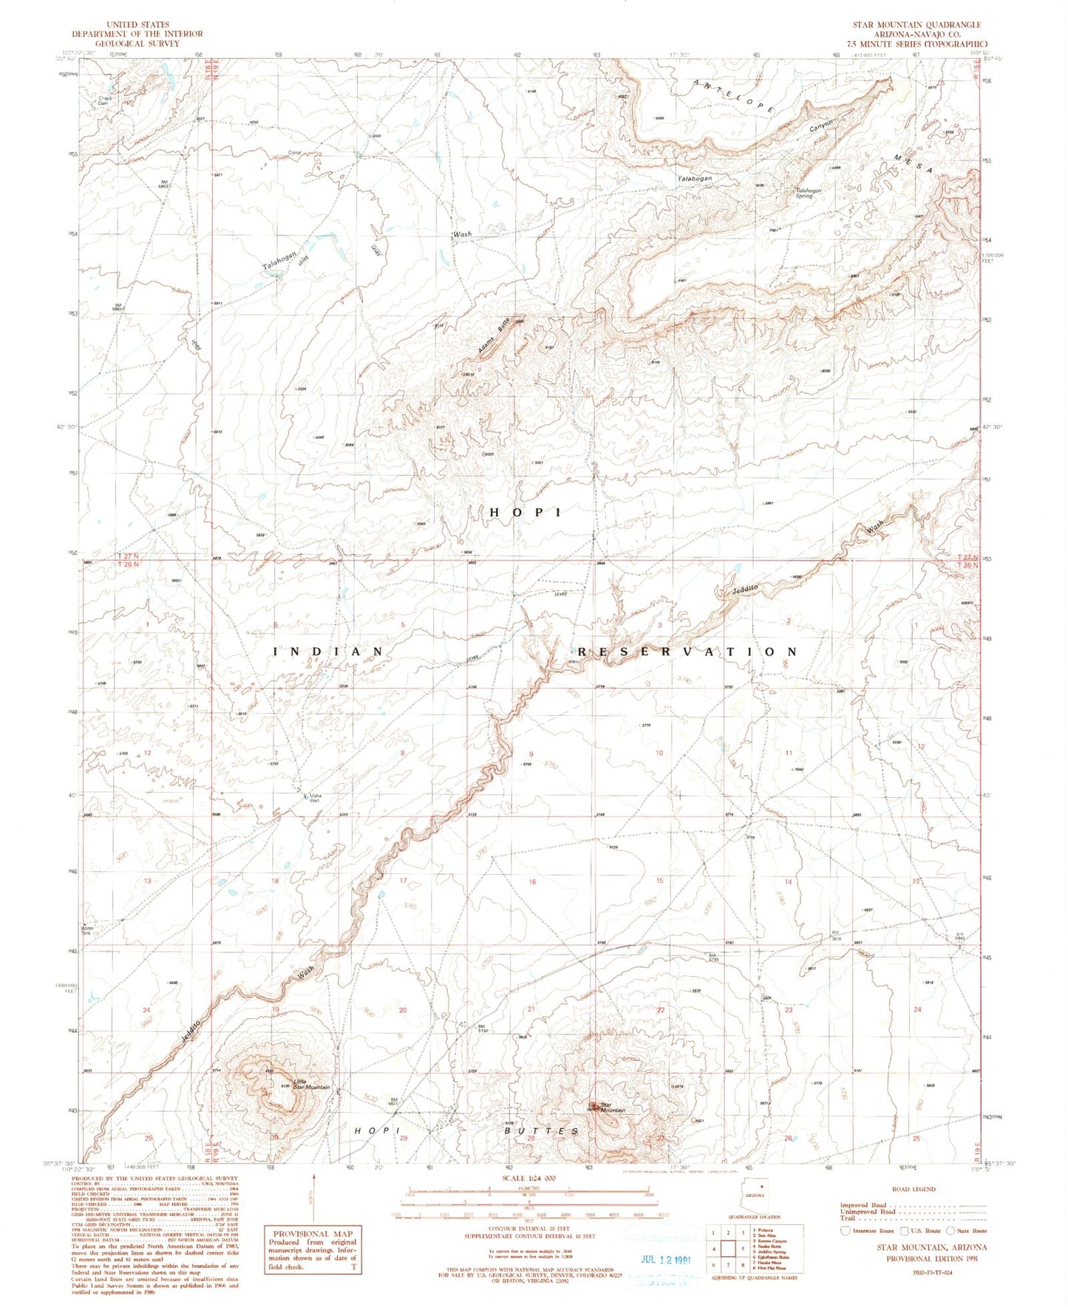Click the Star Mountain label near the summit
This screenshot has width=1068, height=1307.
[613, 1108]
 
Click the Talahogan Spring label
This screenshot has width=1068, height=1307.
[808, 193]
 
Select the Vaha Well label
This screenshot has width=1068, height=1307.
[315, 797]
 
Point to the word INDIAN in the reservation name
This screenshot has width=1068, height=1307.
[329, 652]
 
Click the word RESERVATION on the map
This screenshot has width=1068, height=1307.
[687, 652]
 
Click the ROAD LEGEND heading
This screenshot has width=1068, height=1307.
[914, 1189]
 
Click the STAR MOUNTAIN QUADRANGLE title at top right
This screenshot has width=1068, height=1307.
[916, 24]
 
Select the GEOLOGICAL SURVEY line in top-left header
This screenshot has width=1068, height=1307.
[137, 44]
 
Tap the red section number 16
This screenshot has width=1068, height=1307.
[532, 881]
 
